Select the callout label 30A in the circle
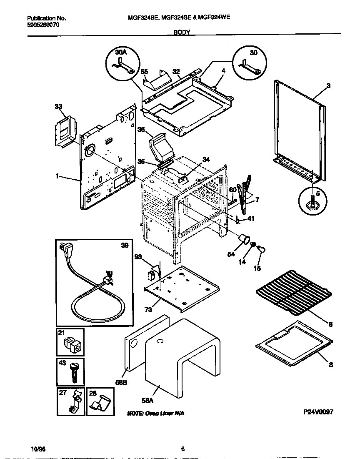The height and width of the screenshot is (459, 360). (x=121, y=53)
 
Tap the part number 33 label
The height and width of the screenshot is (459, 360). (x=58, y=107)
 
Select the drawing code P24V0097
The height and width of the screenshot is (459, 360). (x=318, y=411)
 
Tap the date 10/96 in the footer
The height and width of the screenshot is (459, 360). (x=37, y=449)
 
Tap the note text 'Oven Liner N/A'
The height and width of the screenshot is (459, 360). (x=155, y=413)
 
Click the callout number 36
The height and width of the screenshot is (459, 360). (x=141, y=130)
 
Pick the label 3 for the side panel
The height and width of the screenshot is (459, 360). (x=328, y=86)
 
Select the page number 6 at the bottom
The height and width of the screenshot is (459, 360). (x=182, y=449)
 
